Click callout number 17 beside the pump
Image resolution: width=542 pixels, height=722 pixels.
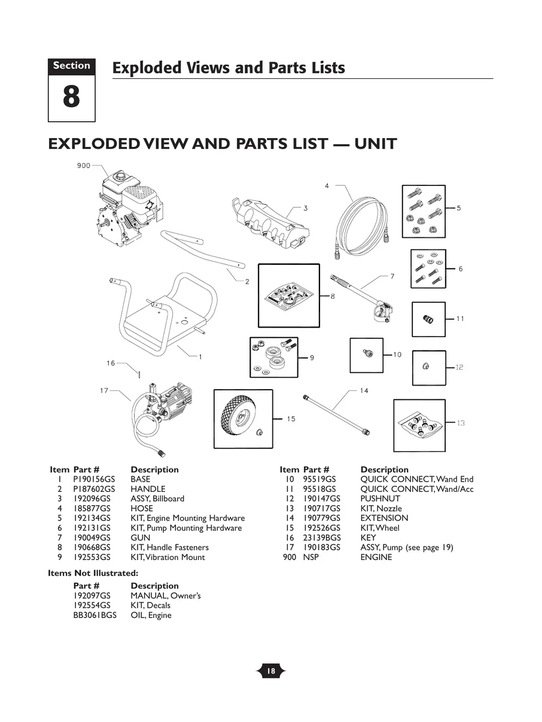click(104, 391)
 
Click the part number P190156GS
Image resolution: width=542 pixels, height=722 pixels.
click(93, 479)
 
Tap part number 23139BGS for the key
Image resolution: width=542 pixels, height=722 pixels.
click(321, 537)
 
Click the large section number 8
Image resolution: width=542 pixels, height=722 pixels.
click(71, 97)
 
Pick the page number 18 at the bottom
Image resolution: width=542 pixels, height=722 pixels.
click(271, 671)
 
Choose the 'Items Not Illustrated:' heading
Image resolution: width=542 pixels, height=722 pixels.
click(93, 573)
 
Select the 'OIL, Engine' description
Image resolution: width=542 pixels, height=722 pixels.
click(151, 615)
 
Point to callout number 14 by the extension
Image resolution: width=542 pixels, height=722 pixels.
click(364, 391)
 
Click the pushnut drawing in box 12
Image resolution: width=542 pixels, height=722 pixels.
click(425, 367)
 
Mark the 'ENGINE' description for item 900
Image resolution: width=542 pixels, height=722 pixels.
click(376, 557)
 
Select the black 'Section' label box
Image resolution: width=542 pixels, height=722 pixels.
click(71, 66)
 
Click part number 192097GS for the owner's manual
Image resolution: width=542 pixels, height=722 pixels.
click(92, 596)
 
